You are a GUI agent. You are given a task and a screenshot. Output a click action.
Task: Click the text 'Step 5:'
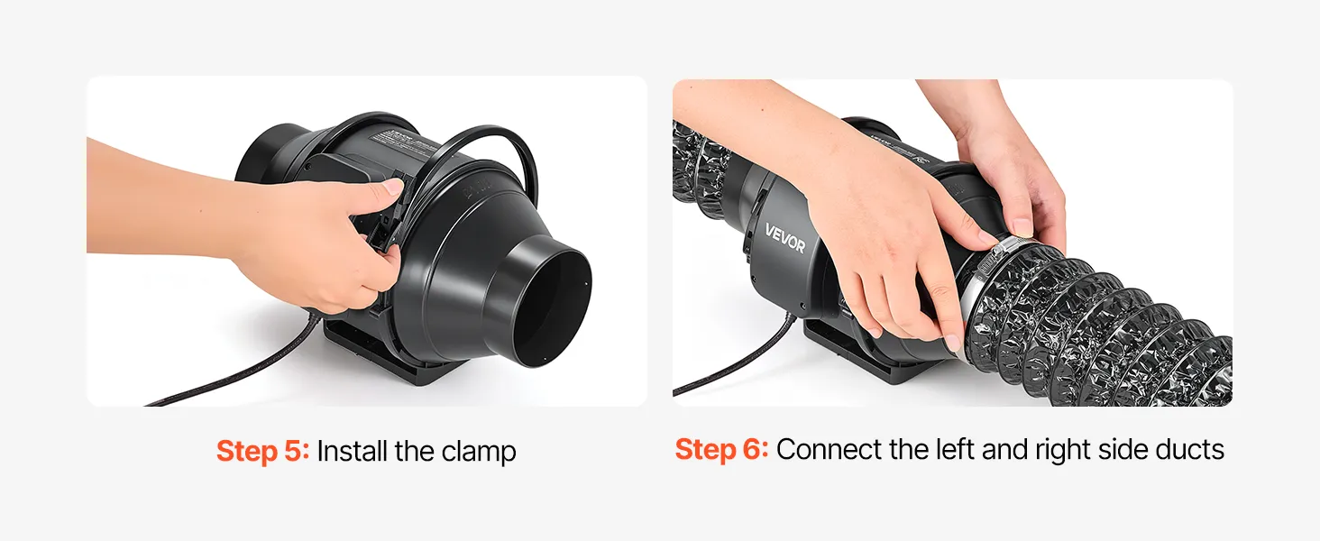tap(262, 451)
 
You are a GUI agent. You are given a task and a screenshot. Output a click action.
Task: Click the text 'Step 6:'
tap(721, 449)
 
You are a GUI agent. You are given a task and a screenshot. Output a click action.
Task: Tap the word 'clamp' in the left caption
tap(479, 452)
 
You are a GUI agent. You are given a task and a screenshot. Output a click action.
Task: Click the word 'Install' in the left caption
tap(352, 451)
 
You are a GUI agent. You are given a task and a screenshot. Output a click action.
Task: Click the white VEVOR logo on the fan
tap(785, 237)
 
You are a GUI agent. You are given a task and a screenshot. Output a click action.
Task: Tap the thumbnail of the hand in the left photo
tap(393, 187)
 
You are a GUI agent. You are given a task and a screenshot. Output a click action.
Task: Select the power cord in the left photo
tap(235, 362)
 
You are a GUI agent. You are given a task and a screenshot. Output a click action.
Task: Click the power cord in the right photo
tap(737, 360)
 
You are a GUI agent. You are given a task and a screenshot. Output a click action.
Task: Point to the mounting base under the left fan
tap(389, 354)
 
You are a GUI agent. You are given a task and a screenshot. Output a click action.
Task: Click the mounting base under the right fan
tap(860, 353)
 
